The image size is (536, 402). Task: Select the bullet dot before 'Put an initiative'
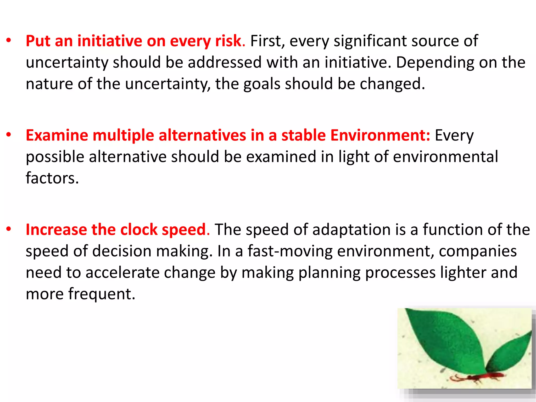pyautogui.click(x=9, y=41)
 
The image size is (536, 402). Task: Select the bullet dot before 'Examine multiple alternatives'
pyautogui.click(x=9, y=135)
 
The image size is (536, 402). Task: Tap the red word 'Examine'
pyautogui.click(x=57, y=136)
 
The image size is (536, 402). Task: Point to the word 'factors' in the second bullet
pyautogui.click(x=52, y=178)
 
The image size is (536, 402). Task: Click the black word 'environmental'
pyautogui.click(x=445, y=157)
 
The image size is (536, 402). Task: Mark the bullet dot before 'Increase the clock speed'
pyautogui.click(x=9, y=229)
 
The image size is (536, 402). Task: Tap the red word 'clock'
pyautogui.click(x=139, y=230)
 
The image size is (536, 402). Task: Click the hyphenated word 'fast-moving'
pyautogui.click(x=290, y=251)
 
